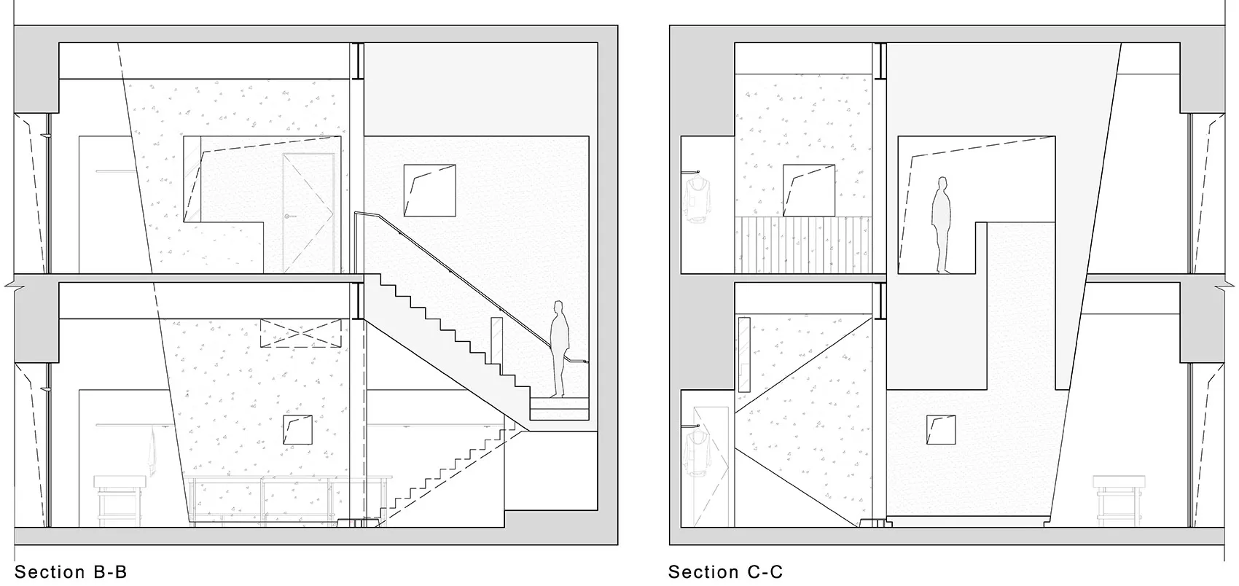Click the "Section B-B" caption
pos(71,571)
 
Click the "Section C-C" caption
pos(725,571)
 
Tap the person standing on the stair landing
pos(559,349)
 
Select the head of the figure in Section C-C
pos(942,183)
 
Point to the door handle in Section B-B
pos(290,216)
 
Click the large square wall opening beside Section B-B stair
pos(430,190)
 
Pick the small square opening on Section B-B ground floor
pos(298,429)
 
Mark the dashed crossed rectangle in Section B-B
pos(300,332)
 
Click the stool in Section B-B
pos(120,500)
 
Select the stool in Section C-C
pos(1119,500)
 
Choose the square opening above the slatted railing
pos(809,190)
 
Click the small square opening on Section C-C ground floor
pos(941,429)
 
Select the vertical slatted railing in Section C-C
pos(802,245)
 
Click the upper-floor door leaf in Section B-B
pos(308,213)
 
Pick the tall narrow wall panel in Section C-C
pos(744,355)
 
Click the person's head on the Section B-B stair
pos(559,307)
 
